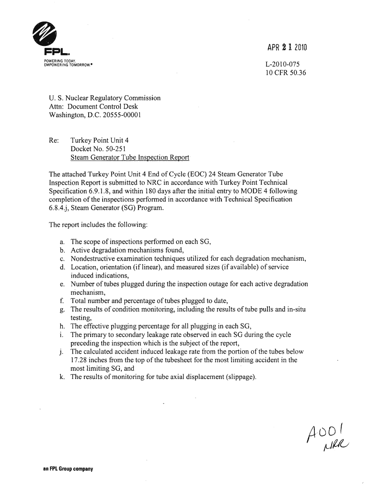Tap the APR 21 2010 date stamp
pos(287,48)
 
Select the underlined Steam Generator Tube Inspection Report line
pos(130,158)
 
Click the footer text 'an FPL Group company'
pos(64,469)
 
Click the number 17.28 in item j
pos(81,360)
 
